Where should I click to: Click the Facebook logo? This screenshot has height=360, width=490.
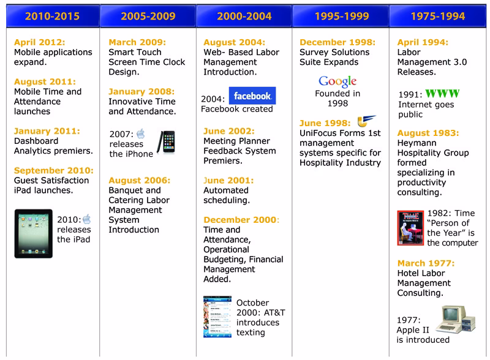click(x=252, y=97)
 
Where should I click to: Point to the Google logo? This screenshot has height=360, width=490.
click(x=337, y=82)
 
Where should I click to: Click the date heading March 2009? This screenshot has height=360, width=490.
click(x=136, y=42)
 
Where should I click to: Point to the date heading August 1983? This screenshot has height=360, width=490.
click(x=428, y=133)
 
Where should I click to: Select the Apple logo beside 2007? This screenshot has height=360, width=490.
click(x=140, y=133)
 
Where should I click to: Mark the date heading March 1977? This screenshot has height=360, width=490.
click(x=426, y=263)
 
